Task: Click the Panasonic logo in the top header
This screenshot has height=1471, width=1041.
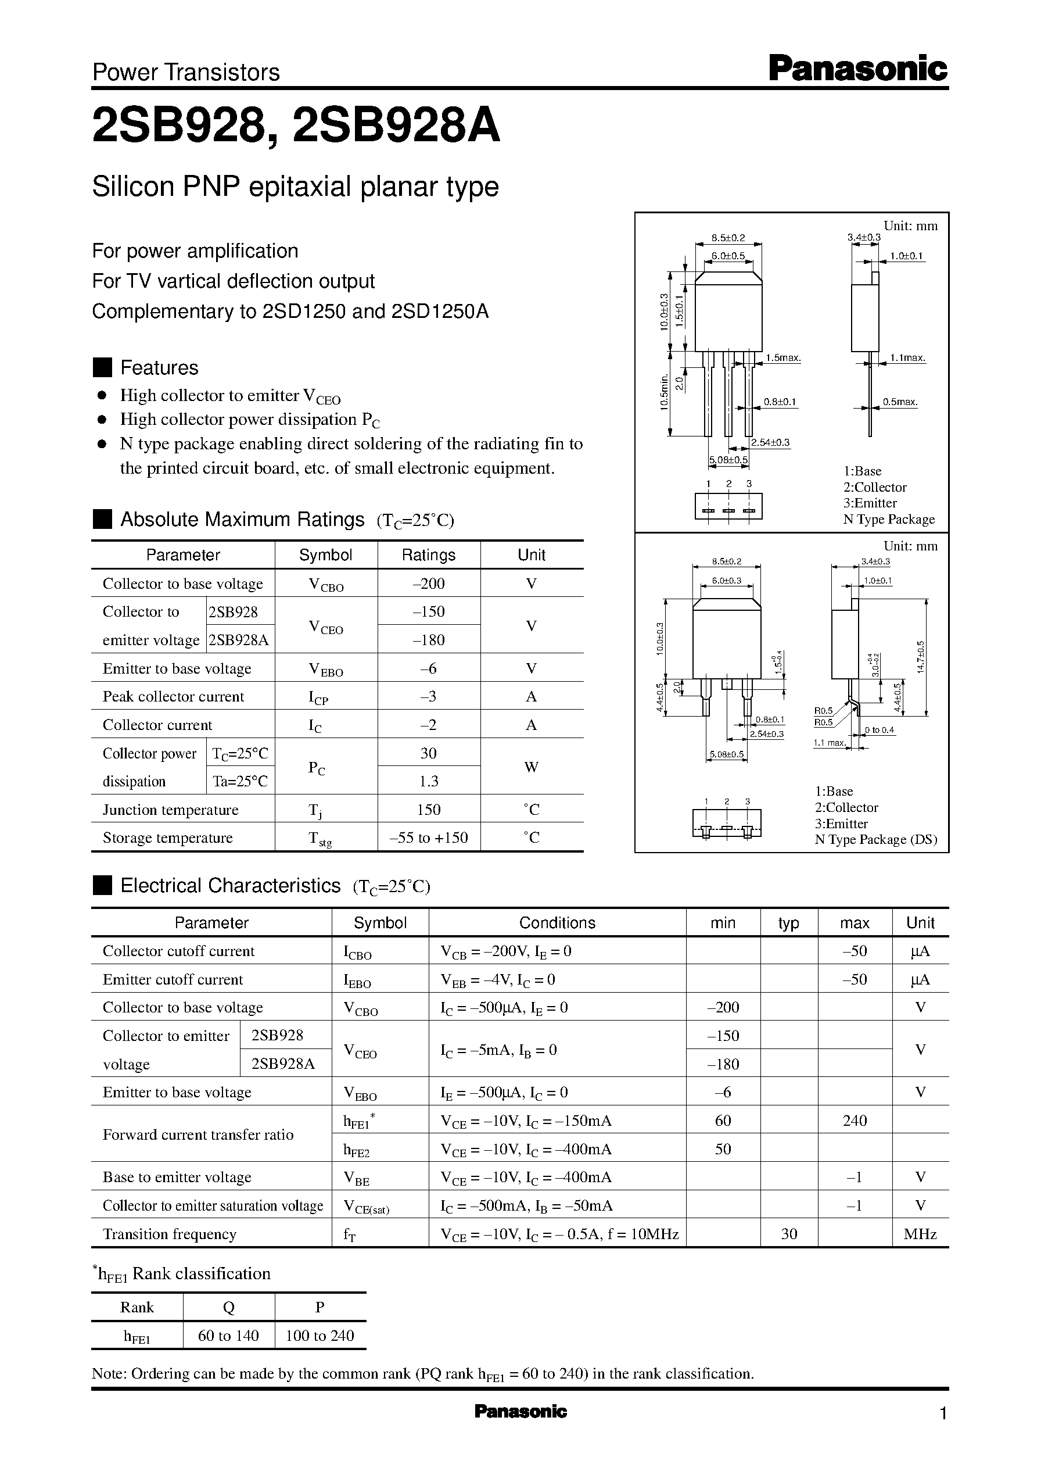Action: click(x=857, y=69)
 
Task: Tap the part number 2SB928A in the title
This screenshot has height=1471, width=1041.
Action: click(x=396, y=126)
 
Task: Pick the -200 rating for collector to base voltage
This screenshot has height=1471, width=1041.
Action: click(x=428, y=584)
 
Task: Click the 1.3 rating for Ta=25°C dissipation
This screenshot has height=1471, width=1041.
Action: click(x=428, y=781)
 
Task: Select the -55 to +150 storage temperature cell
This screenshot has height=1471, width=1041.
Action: click(x=428, y=837)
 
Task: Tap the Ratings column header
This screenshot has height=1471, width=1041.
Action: click(x=428, y=554)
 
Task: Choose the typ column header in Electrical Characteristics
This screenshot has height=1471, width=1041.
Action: click(x=788, y=923)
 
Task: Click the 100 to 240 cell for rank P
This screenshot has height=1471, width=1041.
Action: click(x=320, y=1336)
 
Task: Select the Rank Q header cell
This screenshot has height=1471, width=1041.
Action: click(x=229, y=1308)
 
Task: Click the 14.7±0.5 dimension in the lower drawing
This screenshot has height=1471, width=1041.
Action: click(x=921, y=657)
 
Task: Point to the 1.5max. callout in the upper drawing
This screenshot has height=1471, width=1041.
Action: click(x=783, y=358)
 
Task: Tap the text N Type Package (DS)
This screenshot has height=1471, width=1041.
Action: click(x=875, y=839)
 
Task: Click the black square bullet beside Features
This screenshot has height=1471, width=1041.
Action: click(x=102, y=367)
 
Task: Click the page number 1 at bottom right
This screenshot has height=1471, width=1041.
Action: click(x=942, y=1413)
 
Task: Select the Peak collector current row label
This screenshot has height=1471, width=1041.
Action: click(x=173, y=696)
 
